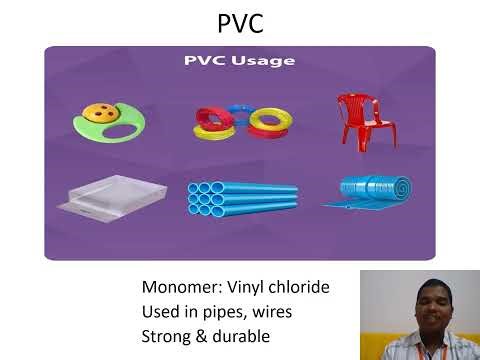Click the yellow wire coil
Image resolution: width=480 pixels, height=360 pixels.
[x=270, y=123]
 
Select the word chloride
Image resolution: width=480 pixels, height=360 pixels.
[x=299, y=288]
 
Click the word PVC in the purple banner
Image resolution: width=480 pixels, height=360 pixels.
[x=203, y=61]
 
